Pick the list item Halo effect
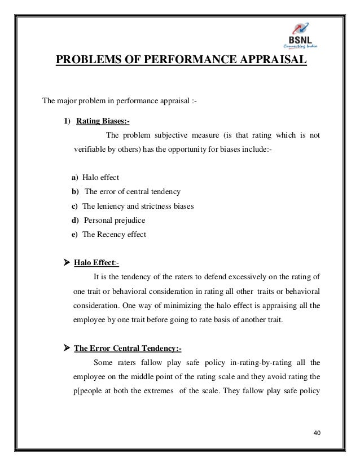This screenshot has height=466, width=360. click(100, 178)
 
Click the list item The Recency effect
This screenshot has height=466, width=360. click(113, 234)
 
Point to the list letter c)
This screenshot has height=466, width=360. click(74, 206)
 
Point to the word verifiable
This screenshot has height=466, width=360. click(92, 150)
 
